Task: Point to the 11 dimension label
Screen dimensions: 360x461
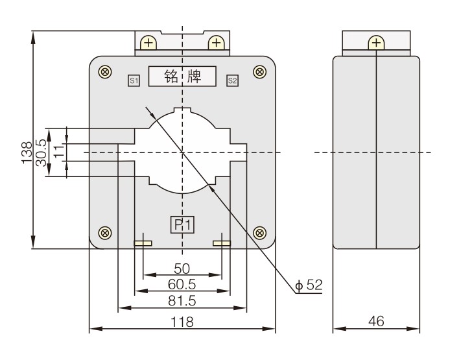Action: [x=58, y=152]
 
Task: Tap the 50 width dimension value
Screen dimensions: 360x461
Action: [x=182, y=269]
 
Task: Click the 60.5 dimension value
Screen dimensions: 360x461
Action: [x=182, y=284]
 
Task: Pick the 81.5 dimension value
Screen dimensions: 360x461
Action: [x=182, y=302]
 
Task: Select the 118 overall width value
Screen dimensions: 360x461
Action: [x=182, y=321]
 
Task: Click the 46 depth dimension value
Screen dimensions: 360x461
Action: [x=376, y=321]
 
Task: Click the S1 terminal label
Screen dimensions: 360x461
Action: [x=134, y=80]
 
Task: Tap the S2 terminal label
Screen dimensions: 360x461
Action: [x=232, y=80]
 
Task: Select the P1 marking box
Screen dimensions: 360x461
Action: [x=182, y=224]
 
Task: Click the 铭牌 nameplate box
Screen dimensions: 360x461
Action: [x=182, y=77]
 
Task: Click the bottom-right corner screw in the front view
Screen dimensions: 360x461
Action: [x=260, y=232]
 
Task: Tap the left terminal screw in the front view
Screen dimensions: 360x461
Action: [x=149, y=43]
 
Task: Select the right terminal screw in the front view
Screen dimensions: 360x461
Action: [x=216, y=43]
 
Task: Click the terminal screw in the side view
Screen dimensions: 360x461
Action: [x=376, y=43]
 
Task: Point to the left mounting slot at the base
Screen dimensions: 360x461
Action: [x=143, y=244]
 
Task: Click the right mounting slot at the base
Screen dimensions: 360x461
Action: [x=222, y=244]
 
